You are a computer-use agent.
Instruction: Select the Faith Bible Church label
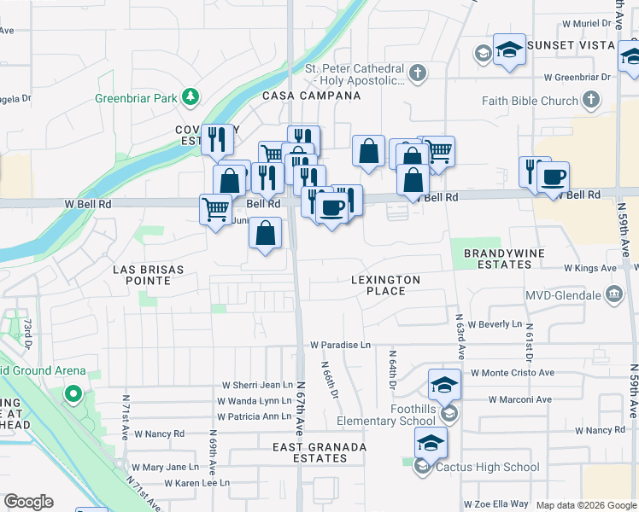[x=530, y=101]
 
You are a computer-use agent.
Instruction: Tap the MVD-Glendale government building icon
[x=613, y=295]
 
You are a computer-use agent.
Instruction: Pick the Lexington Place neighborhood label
[x=385, y=285]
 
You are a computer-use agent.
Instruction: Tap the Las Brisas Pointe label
[x=149, y=275]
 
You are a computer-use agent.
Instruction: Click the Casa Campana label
[x=311, y=96]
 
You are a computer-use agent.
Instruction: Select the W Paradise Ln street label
[x=340, y=345]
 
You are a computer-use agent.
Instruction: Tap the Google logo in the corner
[x=28, y=502]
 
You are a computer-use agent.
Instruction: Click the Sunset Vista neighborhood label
[x=571, y=44]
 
